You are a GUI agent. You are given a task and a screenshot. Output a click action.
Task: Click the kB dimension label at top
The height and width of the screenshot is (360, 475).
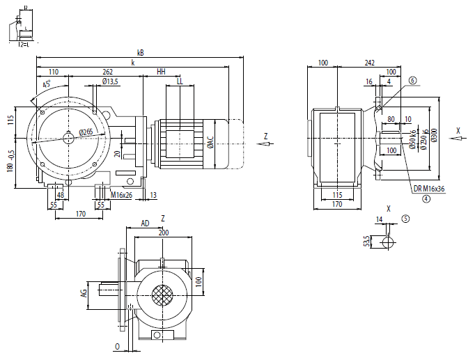coord(141,52)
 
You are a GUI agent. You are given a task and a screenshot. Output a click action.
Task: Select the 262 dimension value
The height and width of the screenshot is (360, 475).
coord(108,72)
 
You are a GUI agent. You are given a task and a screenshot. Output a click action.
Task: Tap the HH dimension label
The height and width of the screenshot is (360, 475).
coord(161,72)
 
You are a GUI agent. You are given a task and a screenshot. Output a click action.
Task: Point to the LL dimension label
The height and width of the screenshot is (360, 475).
coord(180,81)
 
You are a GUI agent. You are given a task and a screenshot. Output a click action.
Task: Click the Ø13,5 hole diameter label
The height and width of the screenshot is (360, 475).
coord(110,81)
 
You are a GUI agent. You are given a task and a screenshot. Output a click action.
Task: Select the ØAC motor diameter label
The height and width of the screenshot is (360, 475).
coord(210,143)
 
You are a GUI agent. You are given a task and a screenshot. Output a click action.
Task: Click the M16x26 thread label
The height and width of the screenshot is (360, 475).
coord(121,196)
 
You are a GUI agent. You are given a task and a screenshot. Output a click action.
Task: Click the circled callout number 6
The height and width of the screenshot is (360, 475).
coord(412,81)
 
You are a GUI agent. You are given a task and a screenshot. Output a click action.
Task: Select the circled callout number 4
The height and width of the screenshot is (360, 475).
coord(425,198)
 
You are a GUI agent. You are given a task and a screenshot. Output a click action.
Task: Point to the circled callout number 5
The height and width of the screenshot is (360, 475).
coord(405,218)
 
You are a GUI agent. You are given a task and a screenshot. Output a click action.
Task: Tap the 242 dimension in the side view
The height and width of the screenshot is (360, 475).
coord(368,63)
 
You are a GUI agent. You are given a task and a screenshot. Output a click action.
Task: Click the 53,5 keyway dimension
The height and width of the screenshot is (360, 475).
coord(366,242)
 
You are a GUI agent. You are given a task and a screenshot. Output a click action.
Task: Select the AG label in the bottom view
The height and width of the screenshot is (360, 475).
coord(83,294)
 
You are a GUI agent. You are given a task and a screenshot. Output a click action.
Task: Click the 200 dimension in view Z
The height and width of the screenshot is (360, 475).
coord(163,233)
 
